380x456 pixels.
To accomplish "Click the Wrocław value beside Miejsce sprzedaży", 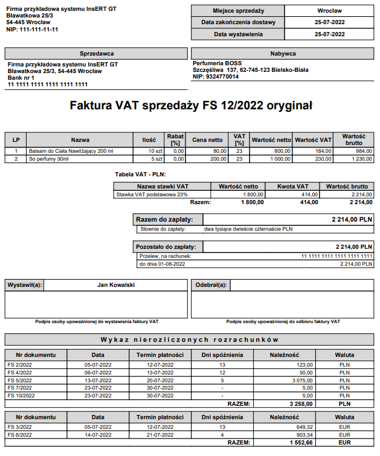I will point(329,11).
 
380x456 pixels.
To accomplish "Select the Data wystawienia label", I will point(238,34).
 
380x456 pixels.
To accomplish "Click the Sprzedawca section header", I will point(96,54).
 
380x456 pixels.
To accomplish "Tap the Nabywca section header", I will point(283,54).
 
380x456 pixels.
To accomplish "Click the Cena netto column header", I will point(207,140).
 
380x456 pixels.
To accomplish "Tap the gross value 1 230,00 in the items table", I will point(359,159).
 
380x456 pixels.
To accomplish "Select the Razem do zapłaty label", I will point(161,220).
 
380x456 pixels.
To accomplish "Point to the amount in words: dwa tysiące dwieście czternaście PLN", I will point(248,230).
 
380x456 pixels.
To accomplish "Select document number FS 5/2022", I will point(19,381).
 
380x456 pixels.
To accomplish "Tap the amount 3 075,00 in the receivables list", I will point(300,381).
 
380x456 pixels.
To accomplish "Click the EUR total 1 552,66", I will point(296,443).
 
